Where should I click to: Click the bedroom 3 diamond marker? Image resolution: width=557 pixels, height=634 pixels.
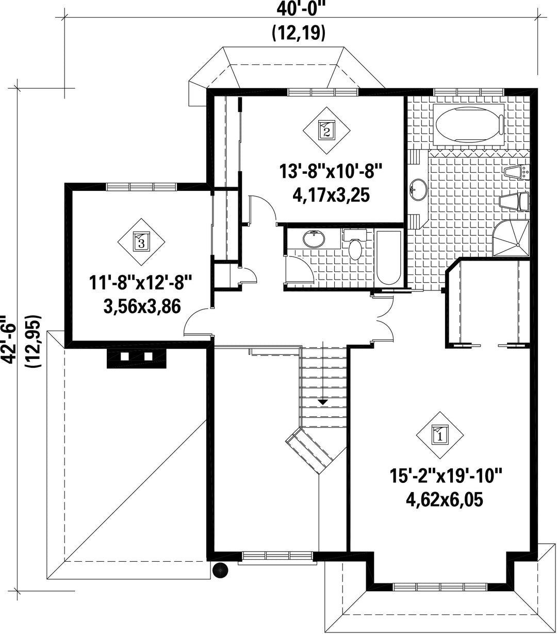(141, 242)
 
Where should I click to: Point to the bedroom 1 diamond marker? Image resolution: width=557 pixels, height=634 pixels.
(439, 435)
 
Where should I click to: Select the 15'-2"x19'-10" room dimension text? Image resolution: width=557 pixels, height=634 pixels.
(446, 477)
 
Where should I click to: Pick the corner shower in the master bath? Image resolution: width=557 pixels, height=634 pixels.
(511, 238)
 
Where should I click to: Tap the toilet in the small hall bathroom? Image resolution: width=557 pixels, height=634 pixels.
(355, 244)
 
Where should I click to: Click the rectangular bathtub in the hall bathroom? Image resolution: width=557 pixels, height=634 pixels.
(389, 257)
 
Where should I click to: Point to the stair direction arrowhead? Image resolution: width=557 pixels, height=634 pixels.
(323, 402)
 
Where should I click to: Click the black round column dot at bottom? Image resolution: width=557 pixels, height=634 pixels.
(220, 571)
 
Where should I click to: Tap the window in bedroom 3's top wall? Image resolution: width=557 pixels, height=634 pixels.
(142, 187)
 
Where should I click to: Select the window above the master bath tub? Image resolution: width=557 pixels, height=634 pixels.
(468, 92)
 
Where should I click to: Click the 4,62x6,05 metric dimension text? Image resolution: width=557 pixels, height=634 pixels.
(445, 499)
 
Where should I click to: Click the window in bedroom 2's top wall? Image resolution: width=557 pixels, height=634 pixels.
(323, 92)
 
